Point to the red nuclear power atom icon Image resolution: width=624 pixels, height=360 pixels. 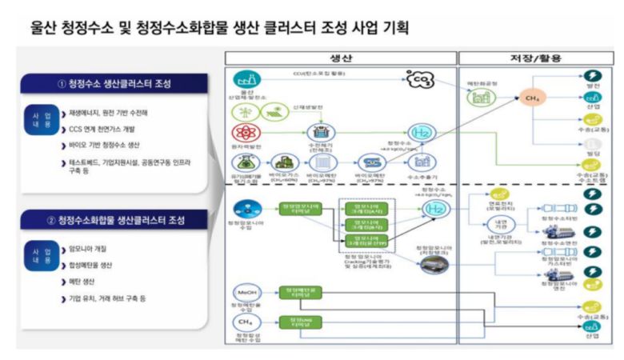(x=241, y=133)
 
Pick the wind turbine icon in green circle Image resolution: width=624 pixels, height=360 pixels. (x=241, y=110)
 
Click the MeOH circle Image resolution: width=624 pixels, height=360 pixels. (x=243, y=293)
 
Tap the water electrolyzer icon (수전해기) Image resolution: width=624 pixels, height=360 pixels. (x=325, y=131)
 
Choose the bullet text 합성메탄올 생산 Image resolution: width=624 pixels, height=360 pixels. (x=99, y=266)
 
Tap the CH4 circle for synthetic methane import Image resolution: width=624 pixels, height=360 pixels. (x=243, y=322)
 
